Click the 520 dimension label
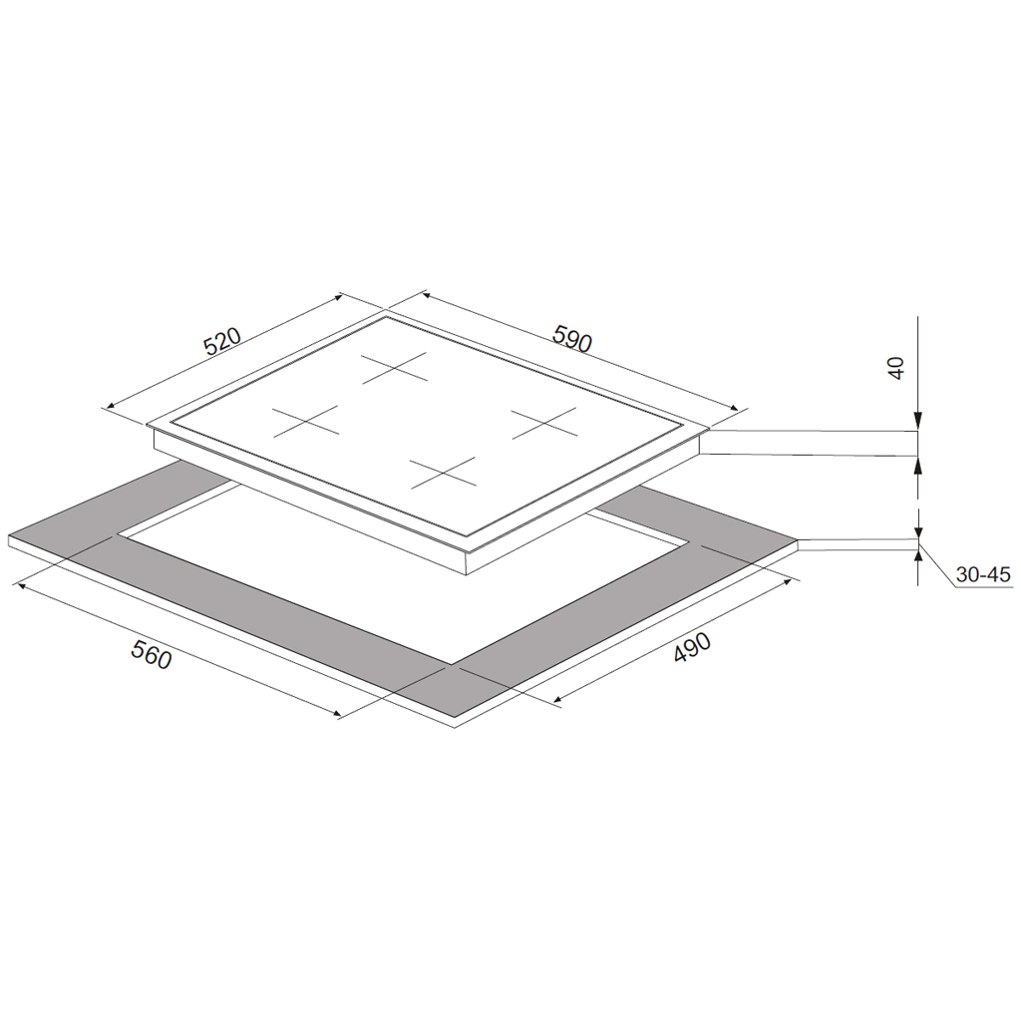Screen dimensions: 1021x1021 [221, 341]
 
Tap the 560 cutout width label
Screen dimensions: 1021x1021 [152, 654]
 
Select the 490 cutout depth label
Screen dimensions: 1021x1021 [692, 647]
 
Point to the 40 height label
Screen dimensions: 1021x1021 [896, 368]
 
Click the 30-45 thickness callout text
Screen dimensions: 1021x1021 [983, 574]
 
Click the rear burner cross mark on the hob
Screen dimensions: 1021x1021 [395, 367]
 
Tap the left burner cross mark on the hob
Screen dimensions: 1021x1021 [305, 421]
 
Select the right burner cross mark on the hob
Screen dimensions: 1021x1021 [544, 423]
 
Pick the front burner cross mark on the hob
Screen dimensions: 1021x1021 [444, 474]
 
